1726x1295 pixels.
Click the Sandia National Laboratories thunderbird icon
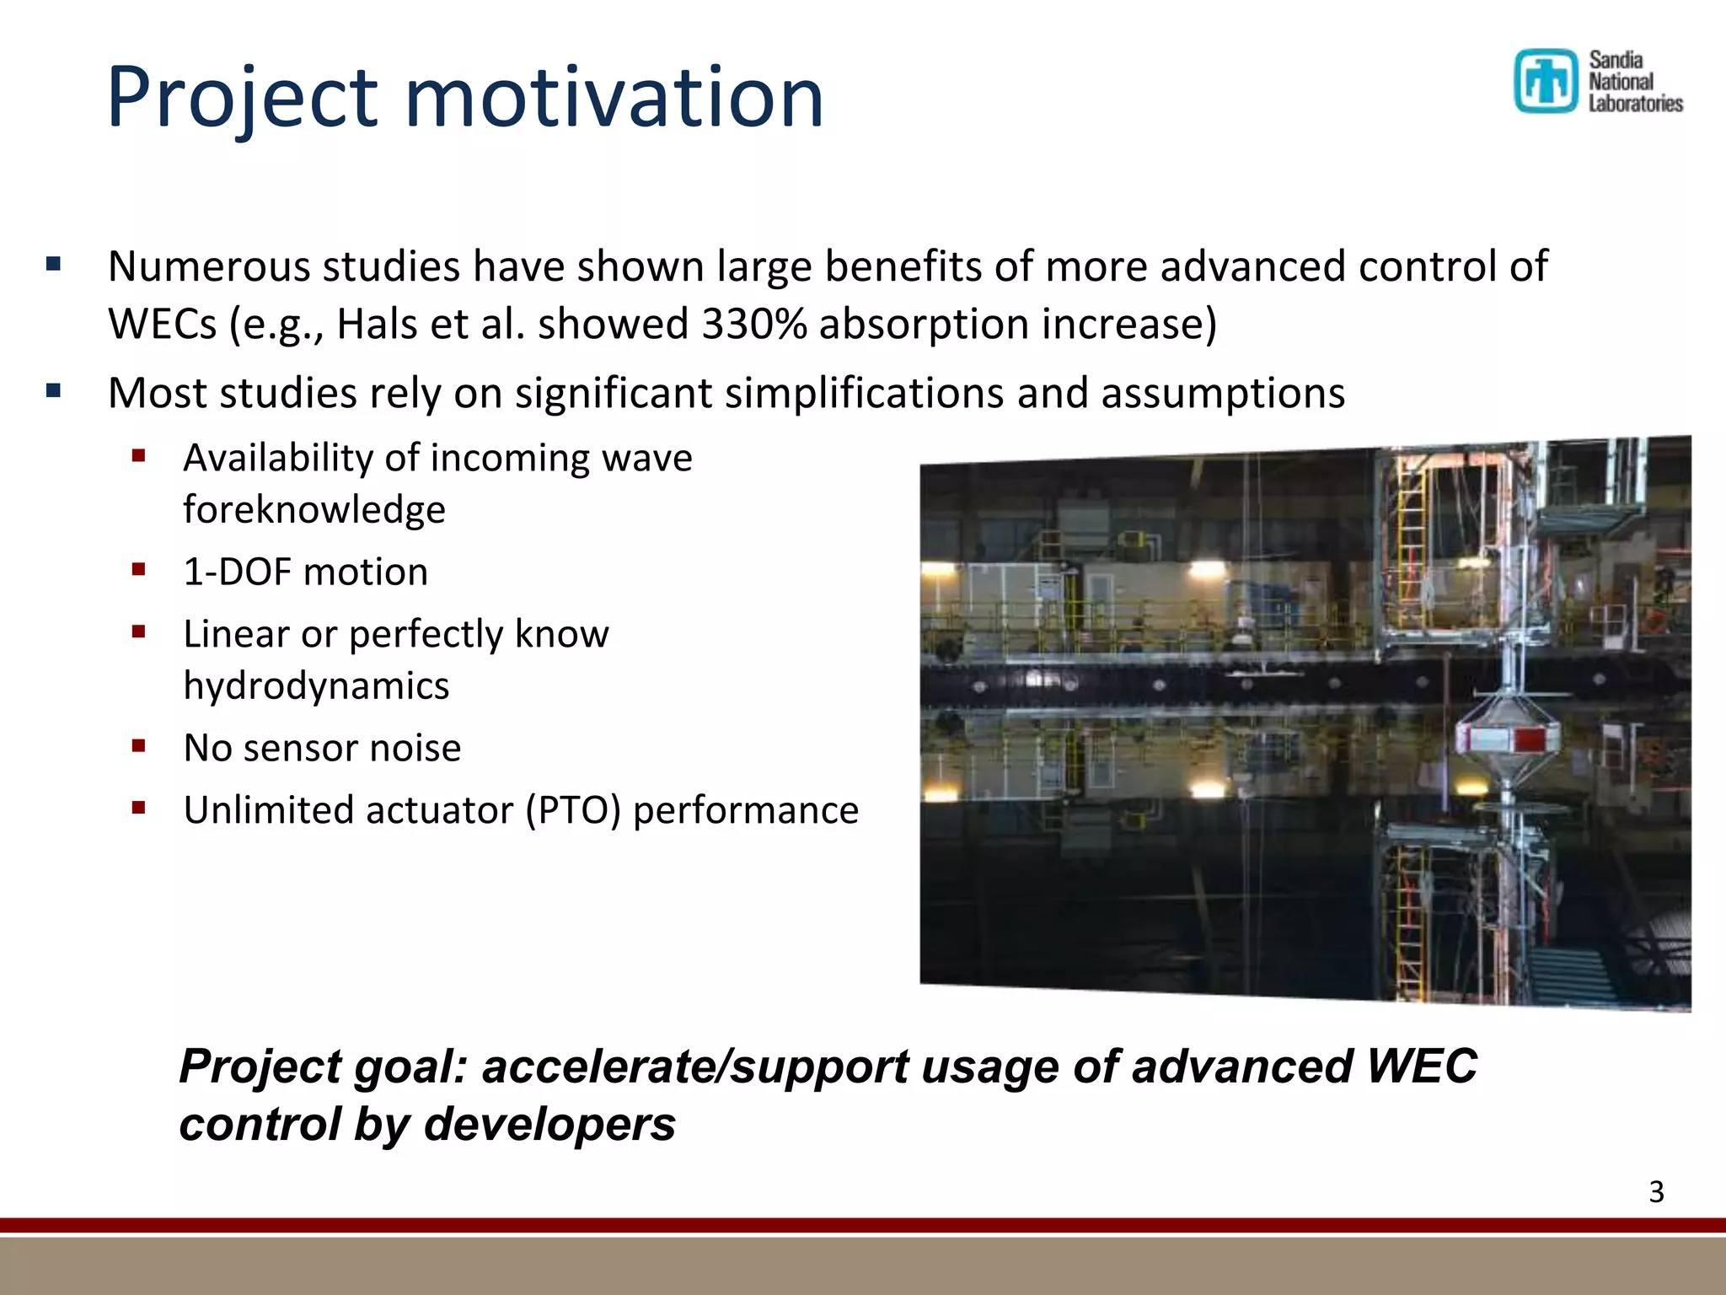click(x=1545, y=81)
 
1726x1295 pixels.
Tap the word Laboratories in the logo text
click(x=1635, y=104)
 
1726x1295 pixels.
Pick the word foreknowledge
click(x=314, y=510)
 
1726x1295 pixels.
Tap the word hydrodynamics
click(x=316, y=686)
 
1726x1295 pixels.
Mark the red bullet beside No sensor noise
click(x=139, y=745)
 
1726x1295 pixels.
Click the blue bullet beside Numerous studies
click(x=54, y=265)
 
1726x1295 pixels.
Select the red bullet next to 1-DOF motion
click(x=139, y=570)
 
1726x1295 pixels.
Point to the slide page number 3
click(x=1656, y=1192)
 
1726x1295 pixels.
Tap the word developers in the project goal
click(x=549, y=1125)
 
